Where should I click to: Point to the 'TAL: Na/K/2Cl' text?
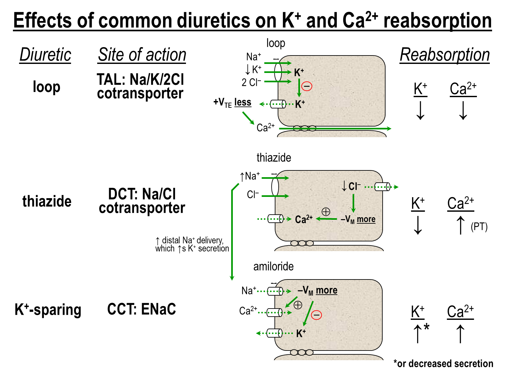pos(140,79)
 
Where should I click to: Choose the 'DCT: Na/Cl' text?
pos(142,194)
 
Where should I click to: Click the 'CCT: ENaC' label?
pos(141,309)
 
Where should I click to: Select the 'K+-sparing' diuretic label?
pos(48,310)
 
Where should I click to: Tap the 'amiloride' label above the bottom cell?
pos(273,266)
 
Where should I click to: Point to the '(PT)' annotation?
pos(479,227)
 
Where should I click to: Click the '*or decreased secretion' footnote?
pos(443,363)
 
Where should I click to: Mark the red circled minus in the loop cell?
pos(306,86)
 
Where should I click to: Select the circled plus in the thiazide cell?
pos(326,212)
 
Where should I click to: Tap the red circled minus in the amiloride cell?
pos(316,315)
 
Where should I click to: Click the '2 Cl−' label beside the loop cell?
pos(251,82)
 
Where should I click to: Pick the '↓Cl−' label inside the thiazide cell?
pos(351,186)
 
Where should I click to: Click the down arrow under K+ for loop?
pos(420,110)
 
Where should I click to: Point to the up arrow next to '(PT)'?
pos(461,225)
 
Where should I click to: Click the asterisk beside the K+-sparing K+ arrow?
pos(426,327)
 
